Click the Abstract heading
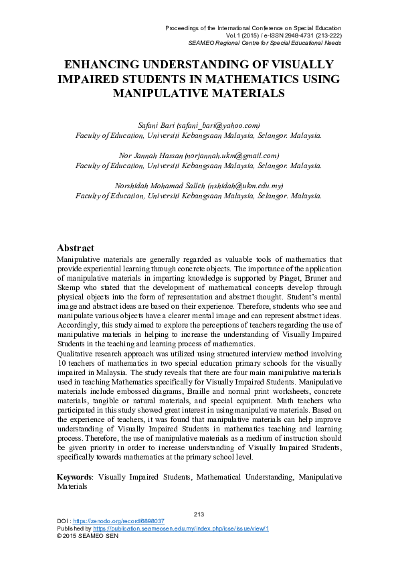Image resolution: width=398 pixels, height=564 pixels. pos(76,248)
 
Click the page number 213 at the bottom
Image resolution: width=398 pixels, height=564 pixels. pos(198,513)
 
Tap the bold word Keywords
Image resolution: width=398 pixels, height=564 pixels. pos(74,477)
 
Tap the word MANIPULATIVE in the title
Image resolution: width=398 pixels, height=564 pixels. pos(155,93)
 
